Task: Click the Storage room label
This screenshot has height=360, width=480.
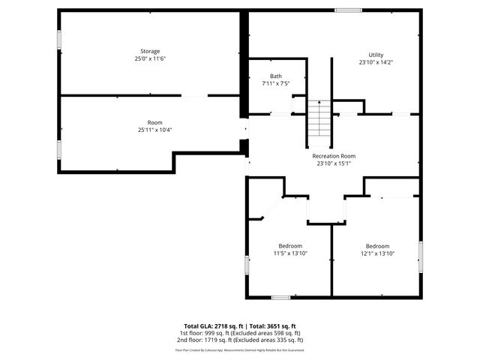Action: click(x=150, y=51)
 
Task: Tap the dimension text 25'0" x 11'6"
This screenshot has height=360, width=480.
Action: click(x=150, y=58)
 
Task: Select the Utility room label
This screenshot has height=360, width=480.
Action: click(x=376, y=55)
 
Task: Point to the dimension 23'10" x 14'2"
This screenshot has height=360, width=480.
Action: click(x=376, y=62)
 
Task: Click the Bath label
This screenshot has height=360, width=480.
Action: click(x=276, y=76)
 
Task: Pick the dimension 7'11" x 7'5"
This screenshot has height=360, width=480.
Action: click(x=276, y=83)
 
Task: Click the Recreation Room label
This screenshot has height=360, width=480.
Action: click(x=334, y=155)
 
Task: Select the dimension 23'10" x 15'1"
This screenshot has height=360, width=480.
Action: click(x=334, y=163)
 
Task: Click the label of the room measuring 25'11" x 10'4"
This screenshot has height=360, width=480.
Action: click(x=154, y=122)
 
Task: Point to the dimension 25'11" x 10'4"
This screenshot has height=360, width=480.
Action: click(x=154, y=130)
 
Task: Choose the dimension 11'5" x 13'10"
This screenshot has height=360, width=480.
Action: click(x=290, y=253)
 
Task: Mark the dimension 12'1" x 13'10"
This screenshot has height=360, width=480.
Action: click(x=377, y=253)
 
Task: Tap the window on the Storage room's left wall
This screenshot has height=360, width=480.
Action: click(x=60, y=40)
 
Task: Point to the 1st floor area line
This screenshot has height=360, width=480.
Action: click(x=239, y=333)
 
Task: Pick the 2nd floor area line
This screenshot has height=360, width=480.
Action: click(x=239, y=340)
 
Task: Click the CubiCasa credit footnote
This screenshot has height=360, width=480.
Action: click(x=239, y=349)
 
